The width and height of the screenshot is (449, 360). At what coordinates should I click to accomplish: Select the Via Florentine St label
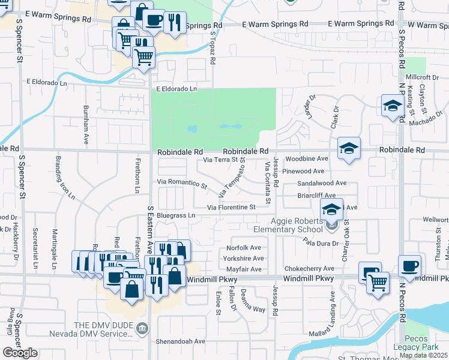[232, 208]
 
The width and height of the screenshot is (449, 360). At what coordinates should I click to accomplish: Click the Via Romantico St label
[181, 181]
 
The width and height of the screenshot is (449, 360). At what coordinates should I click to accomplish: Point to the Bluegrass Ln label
[176, 215]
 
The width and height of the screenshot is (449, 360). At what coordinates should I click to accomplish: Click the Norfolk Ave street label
[244, 248]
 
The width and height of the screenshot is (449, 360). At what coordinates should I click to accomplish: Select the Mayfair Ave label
[244, 269]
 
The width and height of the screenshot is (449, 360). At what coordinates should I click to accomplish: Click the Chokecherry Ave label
[309, 268]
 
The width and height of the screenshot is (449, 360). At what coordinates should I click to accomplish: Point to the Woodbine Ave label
[307, 159]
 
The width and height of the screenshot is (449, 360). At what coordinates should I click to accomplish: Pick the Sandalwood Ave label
[322, 183]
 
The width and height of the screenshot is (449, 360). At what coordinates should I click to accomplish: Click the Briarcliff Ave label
[316, 195]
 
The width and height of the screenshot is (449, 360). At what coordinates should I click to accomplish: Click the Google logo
[19, 353]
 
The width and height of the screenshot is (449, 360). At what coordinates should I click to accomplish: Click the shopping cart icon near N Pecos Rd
[378, 281]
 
